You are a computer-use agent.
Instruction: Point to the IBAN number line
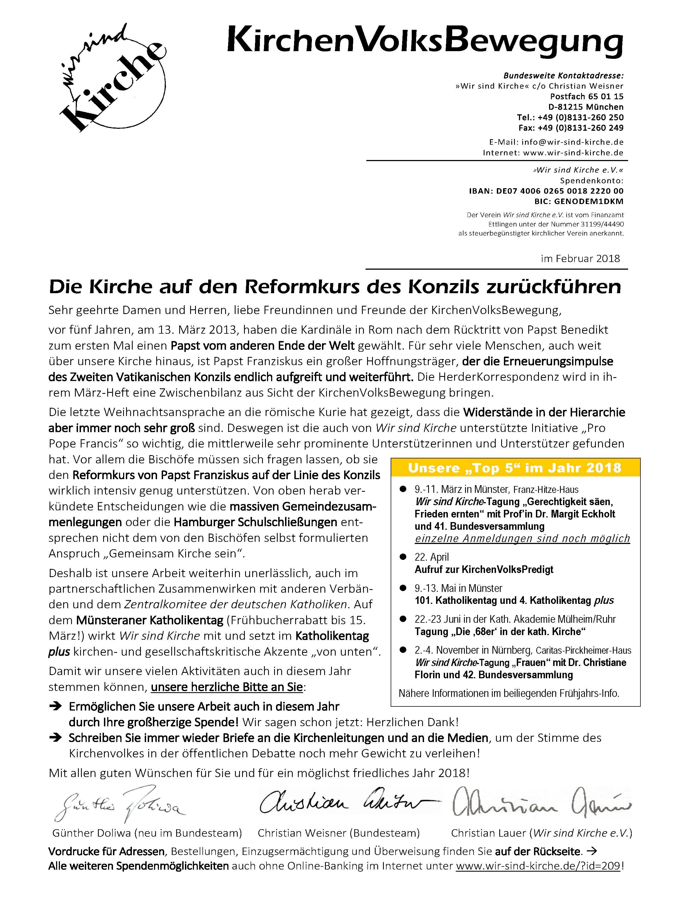click(x=546, y=191)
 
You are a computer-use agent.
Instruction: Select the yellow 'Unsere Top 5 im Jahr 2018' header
click(x=515, y=468)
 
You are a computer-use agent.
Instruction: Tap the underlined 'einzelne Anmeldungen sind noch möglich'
click(x=522, y=539)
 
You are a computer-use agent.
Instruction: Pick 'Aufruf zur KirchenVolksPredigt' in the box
click(x=484, y=570)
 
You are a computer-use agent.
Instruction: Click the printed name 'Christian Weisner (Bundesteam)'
click(x=339, y=833)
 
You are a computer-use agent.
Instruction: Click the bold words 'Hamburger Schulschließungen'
click(x=256, y=522)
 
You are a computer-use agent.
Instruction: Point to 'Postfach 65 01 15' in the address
click(x=586, y=97)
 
